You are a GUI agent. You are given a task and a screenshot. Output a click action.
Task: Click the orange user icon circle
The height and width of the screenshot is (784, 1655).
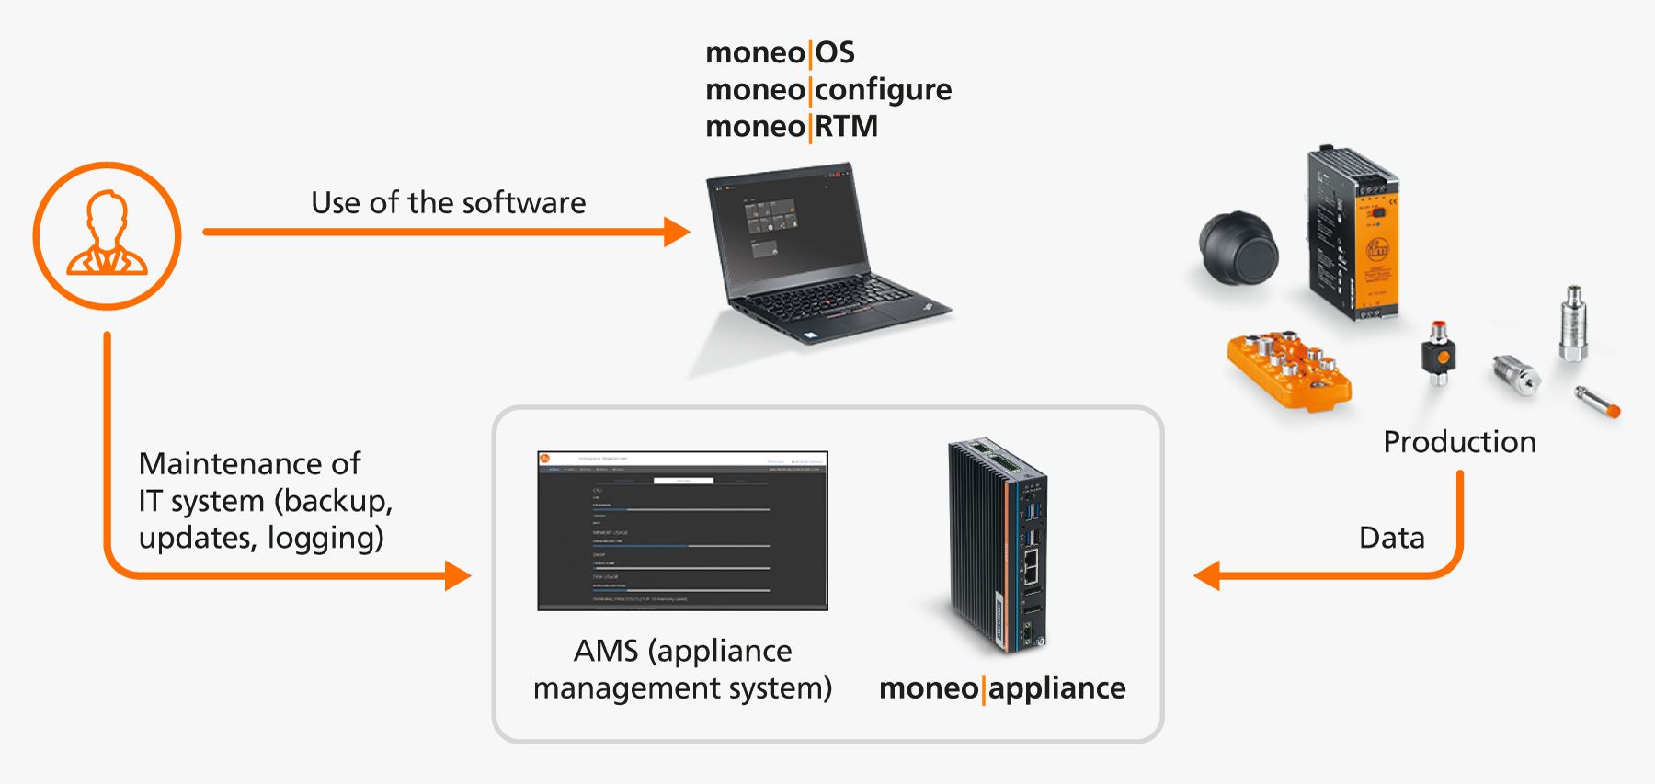pyautogui.click(x=107, y=236)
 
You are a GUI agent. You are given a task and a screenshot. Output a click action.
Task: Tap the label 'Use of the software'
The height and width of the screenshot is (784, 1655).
pyautogui.click(x=448, y=202)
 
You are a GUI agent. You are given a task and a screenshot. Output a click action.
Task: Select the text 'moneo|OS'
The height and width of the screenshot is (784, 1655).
pyautogui.click(x=780, y=52)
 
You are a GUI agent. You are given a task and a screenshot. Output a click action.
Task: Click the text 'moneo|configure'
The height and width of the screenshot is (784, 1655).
pyautogui.click(x=827, y=89)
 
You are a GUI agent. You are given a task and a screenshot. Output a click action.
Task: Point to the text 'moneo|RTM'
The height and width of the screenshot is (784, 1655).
pyautogui.click(x=791, y=126)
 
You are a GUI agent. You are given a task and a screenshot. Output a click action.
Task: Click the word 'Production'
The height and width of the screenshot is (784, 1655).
pyautogui.click(x=1459, y=442)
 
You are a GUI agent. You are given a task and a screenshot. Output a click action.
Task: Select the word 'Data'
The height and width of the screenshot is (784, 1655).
pyautogui.click(x=1391, y=538)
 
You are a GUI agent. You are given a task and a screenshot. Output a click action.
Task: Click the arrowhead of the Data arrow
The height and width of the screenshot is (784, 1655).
pyautogui.click(x=1207, y=576)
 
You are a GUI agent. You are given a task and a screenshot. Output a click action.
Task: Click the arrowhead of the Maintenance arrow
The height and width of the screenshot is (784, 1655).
pyautogui.click(x=457, y=576)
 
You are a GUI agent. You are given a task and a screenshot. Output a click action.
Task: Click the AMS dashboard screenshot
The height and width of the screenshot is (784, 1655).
pyautogui.click(x=682, y=530)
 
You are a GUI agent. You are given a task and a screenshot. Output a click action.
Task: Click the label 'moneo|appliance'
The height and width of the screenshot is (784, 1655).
pyautogui.click(x=1002, y=687)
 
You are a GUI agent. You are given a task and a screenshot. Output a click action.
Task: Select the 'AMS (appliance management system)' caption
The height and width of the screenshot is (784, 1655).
pyautogui.click(x=682, y=669)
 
